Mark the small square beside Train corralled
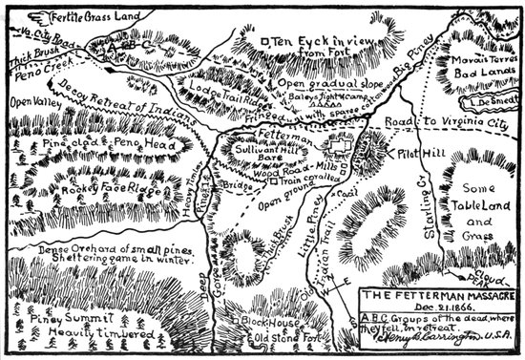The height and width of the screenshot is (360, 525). coord(272,180)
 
